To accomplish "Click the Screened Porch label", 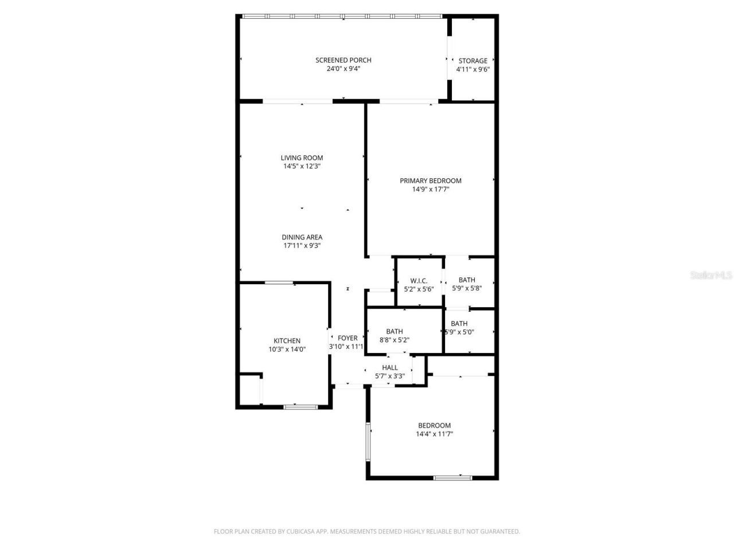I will coord(343,60).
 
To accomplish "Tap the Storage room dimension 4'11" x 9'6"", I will coord(473,69).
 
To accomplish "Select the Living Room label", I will coord(302,158).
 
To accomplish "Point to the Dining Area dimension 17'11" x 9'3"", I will coord(302,246).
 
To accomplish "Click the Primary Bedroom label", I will coord(430,180).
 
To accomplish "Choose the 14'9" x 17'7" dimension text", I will coord(430,189).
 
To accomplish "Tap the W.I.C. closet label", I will coord(419,280).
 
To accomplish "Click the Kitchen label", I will coord(287,341).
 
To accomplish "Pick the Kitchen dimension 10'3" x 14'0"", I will coord(287,349).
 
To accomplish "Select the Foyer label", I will coord(348,338).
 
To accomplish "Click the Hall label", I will coord(390,368).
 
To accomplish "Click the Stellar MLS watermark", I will coord(711,276).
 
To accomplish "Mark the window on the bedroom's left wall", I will coord(369,442).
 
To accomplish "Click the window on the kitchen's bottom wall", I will coord(300,407).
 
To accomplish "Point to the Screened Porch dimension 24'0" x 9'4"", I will coord(343,69).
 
